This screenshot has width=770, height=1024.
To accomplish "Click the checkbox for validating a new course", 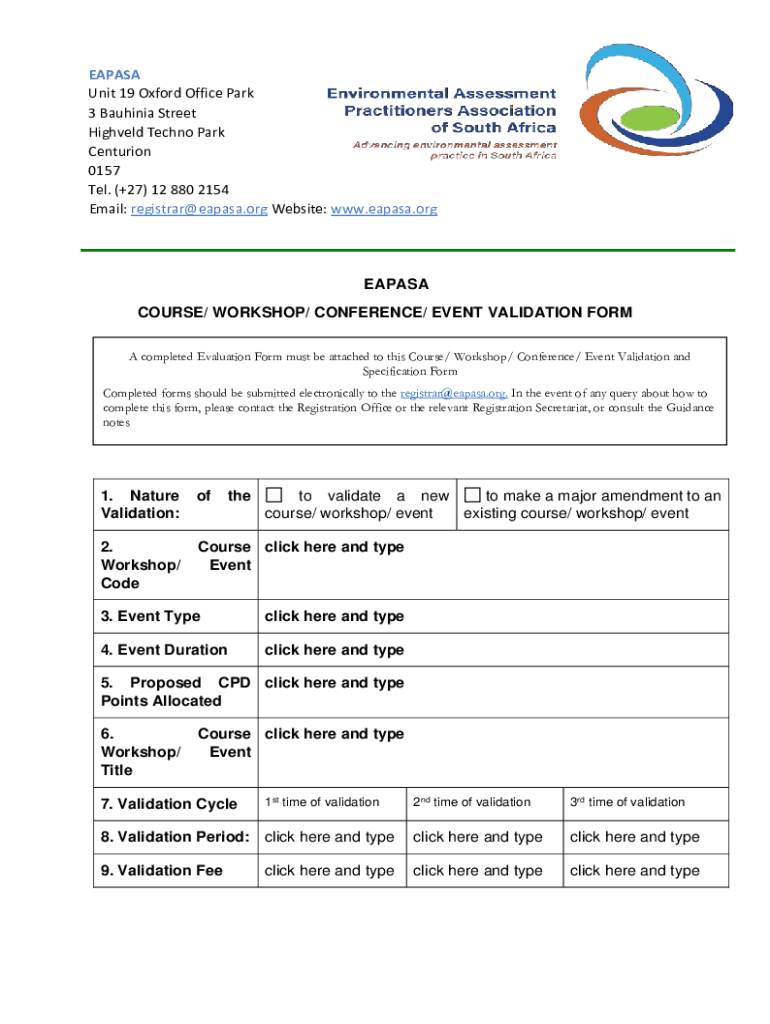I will pyautogui.click(x=275, y=496).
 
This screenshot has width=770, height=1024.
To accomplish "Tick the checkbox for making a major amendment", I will pyautogui.click(x=473, y=496).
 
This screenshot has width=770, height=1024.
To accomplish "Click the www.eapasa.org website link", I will pyautogui.click(x=384, y=209).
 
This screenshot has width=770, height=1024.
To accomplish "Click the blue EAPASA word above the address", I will pyautogui.click(x=114, y=74).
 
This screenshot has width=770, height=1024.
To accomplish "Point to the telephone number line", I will pyautogui.click(x=158, y=190).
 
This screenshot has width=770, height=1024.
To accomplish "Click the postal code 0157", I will pyautogui.click(x=104, y=171).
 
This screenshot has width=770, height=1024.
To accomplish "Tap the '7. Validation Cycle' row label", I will pyautogui.click(x=169, y=804).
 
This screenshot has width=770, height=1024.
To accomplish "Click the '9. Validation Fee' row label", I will pyautogui.click(x=161, y=871).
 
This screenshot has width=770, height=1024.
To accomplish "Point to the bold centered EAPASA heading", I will pyautogui.click(x=385, y=285).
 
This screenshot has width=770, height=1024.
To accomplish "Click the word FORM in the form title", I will pyautogui.click(x=611, y=312).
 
